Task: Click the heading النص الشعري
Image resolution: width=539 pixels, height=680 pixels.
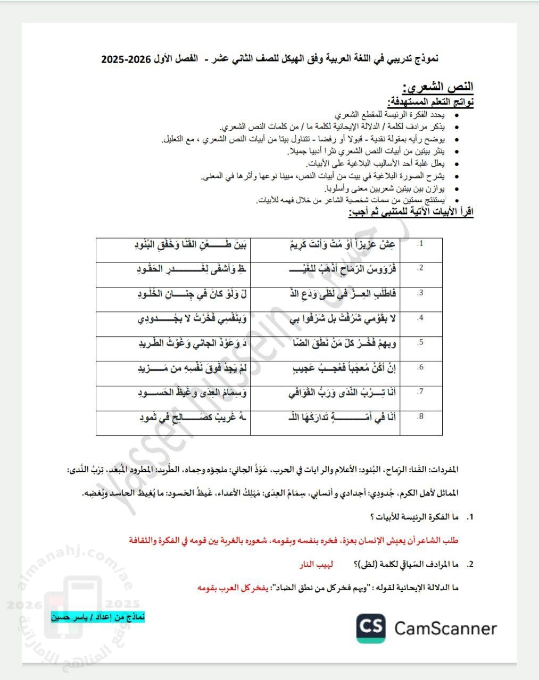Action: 438,87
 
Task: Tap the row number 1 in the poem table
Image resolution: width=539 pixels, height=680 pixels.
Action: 420,243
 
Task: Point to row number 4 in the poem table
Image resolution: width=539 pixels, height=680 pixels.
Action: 420,318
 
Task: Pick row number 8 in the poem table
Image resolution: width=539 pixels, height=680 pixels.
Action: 420,416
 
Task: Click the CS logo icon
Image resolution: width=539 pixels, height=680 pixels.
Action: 371,628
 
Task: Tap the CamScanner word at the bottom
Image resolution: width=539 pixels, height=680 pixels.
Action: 445,629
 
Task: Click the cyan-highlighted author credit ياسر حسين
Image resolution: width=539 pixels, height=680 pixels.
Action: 98,617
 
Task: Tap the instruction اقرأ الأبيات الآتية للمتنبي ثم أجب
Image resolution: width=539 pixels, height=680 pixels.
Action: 411,212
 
